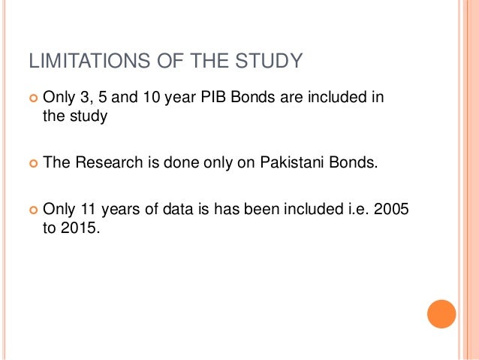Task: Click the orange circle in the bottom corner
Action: tap(441, 314)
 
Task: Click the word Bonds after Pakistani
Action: tap(351, 163)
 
